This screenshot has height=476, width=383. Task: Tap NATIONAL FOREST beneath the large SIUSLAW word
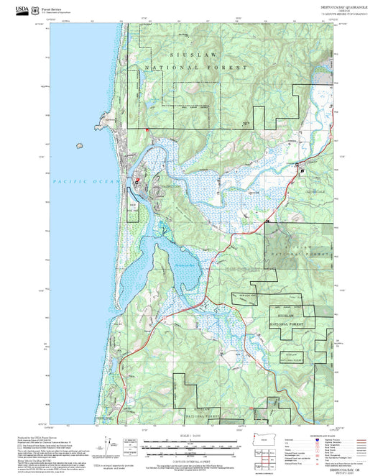coord(195,67)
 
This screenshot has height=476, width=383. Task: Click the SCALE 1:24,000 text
coord(191,436)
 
